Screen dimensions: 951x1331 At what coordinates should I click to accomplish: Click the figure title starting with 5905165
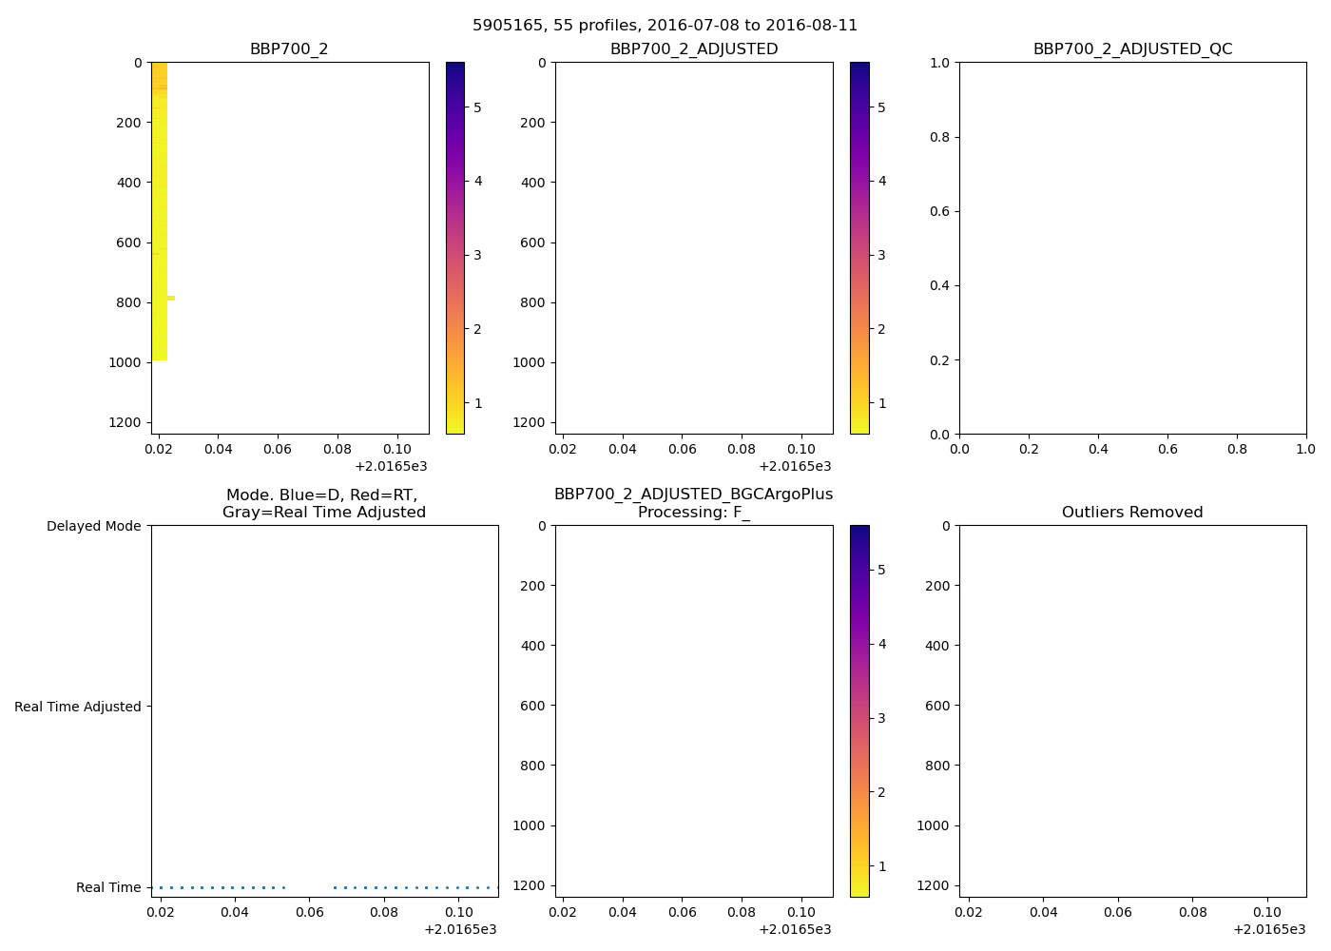pyautogui.click(x=665, y=26)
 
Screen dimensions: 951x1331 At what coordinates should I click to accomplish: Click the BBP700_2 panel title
pyautogui.click(x=289, y=49)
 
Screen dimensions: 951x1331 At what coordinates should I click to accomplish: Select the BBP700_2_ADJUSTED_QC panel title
pyautogui.click(x=1132, y=49)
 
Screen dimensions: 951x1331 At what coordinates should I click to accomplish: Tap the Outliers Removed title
pyautogui.click(x=1132, y=513)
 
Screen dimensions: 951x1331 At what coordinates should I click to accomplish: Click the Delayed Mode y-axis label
pyautogui.click(x=93, y=527)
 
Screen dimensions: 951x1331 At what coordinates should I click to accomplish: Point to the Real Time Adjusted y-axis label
pyautogui.click(x=78, y=707)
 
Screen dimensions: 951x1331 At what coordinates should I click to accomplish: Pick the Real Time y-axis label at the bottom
pyautogui.click(x=108, y=887)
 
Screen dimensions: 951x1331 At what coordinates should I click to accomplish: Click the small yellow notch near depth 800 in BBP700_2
pyautogui.click(x=171, y=298)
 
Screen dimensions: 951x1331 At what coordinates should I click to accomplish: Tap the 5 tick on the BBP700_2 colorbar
pyautogui.click(x=477, y=107)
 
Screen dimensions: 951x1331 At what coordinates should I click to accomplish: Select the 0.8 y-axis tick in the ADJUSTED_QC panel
pyautogui.click(x=939, y=137)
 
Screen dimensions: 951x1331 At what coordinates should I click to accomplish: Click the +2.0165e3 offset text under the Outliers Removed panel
pyautogui.click(x=1269, y=929)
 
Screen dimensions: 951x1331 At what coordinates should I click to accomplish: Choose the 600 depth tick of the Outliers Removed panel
pyautogui.click(x=937, y=706)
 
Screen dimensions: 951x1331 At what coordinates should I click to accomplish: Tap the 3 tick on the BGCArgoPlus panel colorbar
pyautogui.click(x=881, y=718)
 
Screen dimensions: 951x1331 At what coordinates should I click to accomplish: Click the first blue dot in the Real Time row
pyautogui.click(x=161, y=887)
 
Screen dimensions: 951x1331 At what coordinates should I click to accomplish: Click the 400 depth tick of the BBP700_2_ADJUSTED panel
pyautogui.click(x=535, y=183)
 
